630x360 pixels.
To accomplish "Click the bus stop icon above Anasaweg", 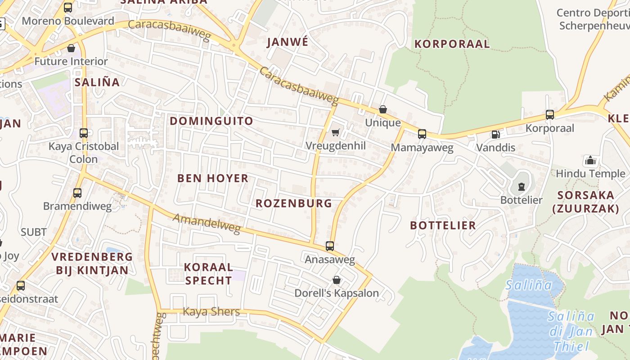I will tap(330, 246).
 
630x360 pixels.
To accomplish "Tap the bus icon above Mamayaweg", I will tap(422, 134).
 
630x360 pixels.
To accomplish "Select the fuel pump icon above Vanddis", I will tap(495, 134).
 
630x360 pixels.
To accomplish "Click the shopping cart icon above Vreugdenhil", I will tap(335, 132).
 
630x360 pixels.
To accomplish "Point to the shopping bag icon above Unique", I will tap(383, 109).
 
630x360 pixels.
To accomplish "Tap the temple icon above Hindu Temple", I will tap(590, 160).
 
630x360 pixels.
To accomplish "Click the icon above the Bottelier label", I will tap(521, 186).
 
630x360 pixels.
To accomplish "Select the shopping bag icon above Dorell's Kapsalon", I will tap(336, 280).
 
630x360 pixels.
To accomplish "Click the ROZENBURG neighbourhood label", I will tap(294, 203).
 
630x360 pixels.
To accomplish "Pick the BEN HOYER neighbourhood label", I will tap(213, 178).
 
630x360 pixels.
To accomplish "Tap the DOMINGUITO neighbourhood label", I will tap(211, 121).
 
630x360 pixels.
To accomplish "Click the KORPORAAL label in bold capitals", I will tap(452, 44).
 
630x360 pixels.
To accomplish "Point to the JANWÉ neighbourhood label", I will tap(288, 42).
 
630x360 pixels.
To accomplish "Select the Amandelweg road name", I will tap(207, 224).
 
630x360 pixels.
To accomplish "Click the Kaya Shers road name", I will tap(211, 311).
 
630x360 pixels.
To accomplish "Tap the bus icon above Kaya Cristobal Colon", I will tap(84, 133).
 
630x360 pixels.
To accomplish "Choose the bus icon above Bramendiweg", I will tap(77, 193).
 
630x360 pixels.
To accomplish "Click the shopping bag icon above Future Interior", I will tap(71, 48).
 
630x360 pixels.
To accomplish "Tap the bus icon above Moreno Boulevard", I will tap(68, 8).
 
